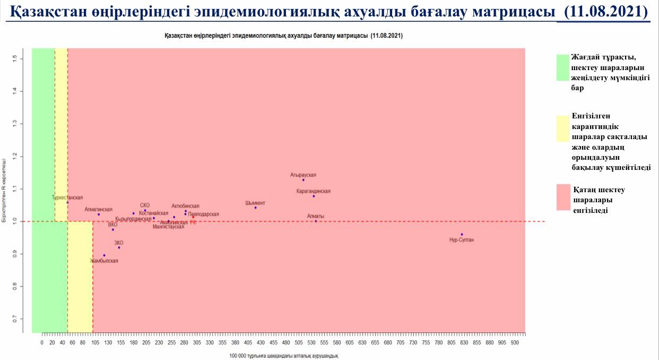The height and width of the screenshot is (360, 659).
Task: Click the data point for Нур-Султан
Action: click(x=462, y=234)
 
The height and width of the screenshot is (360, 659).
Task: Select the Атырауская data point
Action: click(x=304, y=180)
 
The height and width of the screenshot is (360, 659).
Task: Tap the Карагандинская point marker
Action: click(x=314, y=196)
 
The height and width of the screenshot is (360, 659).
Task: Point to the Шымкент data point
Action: click(x=255, y=208)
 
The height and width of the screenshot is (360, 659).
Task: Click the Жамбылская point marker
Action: click(x=104, y=255)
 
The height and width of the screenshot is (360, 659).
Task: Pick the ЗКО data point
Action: click(x=119, y=247)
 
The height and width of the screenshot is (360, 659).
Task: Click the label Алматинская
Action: click(x=99, y=209)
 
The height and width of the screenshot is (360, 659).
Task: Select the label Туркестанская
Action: click(x=67, y=198)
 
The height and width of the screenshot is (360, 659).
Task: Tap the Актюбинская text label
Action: click(x=185, y=206)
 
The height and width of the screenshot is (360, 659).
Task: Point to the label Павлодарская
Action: click(x=203, y=214)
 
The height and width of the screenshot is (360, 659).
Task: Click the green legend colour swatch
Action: click(x=562, y=67)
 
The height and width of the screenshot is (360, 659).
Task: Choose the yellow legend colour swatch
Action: click(x=562, y=128)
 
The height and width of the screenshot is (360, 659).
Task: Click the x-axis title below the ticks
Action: click(x=284, y=355)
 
